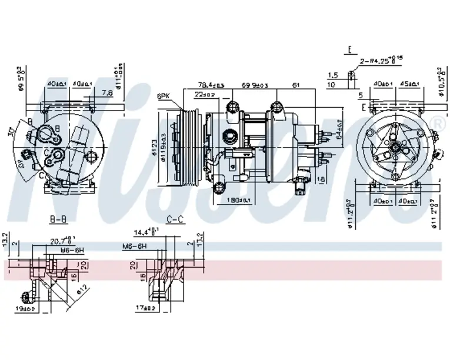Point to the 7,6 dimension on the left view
pos(107,92)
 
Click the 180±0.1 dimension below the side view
pos(239,201)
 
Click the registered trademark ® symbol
pos(437,122)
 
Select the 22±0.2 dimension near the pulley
pos(205,94)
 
